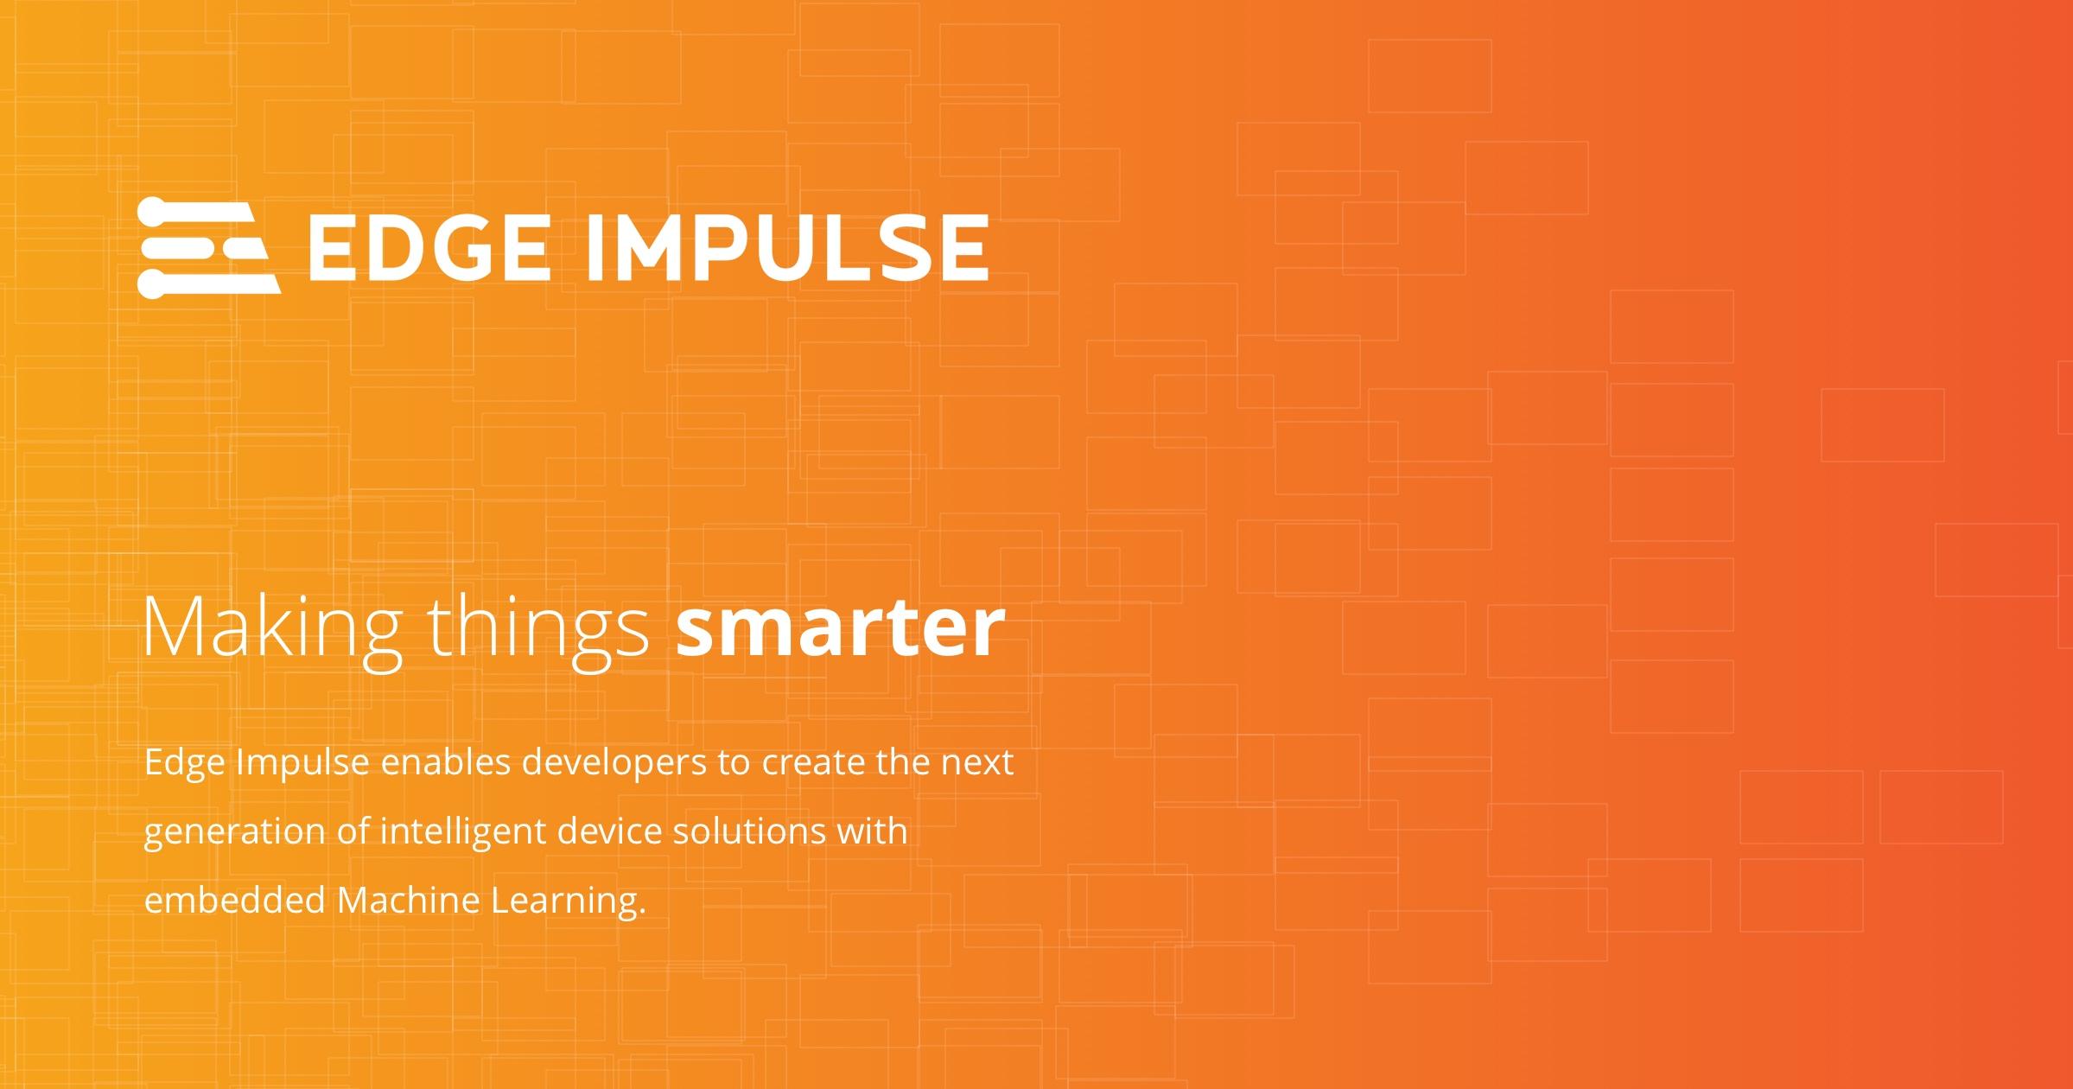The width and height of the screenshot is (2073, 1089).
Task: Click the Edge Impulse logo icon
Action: pos(208,247)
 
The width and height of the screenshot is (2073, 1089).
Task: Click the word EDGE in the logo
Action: pos(429,248)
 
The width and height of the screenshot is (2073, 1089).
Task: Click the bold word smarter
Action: pos(841,627)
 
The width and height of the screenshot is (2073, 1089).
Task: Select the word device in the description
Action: pos(609,831)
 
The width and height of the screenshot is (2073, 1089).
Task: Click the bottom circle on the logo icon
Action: pos(151,284)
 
